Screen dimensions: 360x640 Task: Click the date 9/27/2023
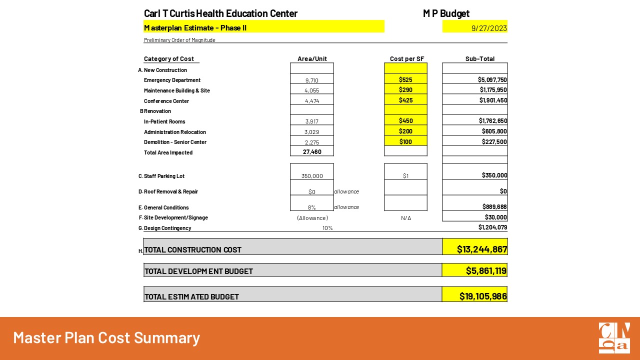point(489,28)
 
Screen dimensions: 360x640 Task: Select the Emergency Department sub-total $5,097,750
point(493,79)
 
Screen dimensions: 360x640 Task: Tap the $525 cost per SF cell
point(405,79)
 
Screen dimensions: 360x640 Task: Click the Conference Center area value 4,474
point(312,101)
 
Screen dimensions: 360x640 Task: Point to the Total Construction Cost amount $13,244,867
point(482,249)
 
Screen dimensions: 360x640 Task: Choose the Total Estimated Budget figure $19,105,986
point(483,296)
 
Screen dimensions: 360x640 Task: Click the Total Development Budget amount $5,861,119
point(486,270)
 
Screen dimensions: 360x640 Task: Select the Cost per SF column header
point(406,58)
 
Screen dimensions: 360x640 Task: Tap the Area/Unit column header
point(312,58)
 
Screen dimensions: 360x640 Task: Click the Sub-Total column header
point(479,58)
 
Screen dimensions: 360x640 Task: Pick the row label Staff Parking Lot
point(164,176)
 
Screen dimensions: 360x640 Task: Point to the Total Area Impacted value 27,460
point(312,152)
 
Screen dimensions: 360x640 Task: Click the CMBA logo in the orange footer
point(614,338)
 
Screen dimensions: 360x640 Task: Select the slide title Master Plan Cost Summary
point(106,337)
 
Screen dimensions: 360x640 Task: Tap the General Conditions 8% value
point(312,207)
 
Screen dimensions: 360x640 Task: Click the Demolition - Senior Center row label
point(175,142)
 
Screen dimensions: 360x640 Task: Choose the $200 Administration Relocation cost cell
point(405,131)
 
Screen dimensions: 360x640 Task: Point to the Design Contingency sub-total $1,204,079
point(492,227)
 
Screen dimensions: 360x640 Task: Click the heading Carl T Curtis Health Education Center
point(220,13)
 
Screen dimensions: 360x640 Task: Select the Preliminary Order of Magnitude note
point(179,40)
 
